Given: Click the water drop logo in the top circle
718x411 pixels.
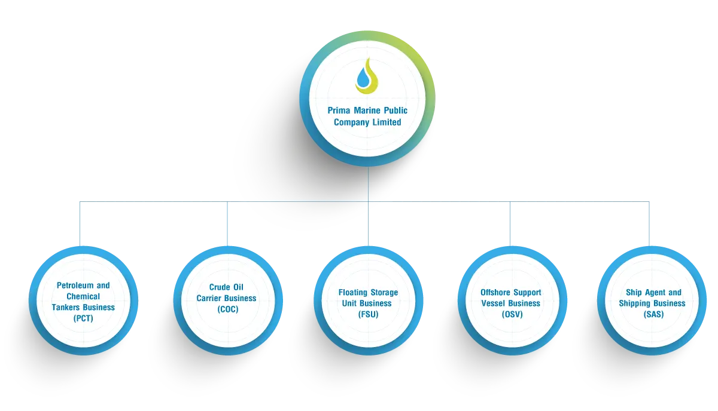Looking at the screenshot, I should click(367, 76).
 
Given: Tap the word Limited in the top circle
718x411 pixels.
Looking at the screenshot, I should click(386, 122).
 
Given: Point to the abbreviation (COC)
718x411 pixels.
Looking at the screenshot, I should click(227, 309).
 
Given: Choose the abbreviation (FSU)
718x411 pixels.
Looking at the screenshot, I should click(368, 314).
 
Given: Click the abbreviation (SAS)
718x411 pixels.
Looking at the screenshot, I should click(653, 314).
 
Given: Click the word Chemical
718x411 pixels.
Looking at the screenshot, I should click(83, 296).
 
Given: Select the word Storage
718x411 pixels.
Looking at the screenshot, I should click(385, 293).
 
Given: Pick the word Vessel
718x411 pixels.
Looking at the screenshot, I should click(495, 303).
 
